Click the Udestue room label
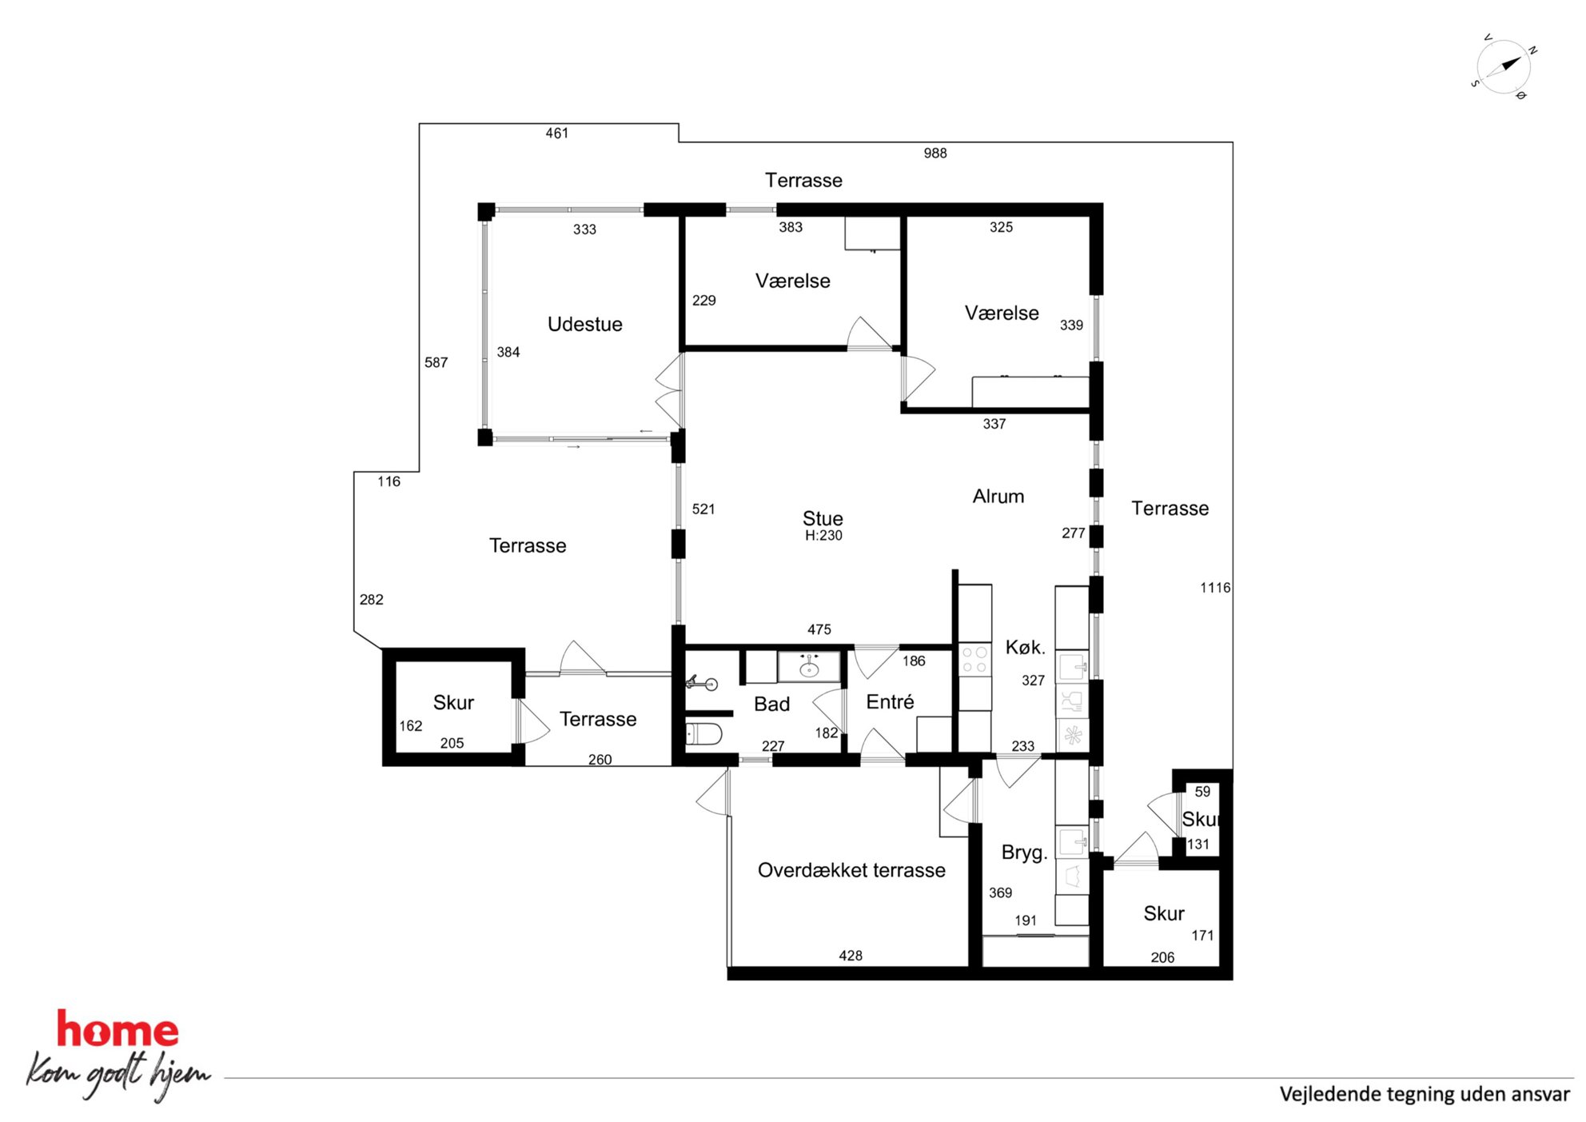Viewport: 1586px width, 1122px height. click(584, 324)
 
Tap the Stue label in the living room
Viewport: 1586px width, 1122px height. click(823, 518)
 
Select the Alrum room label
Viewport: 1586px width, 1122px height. click(998, 496)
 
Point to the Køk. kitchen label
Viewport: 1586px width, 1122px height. click(1025, 647)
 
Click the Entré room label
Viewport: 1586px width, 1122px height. click(890, 701)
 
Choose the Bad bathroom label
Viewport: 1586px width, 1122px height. click(771, 704)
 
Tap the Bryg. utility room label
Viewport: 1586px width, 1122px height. click(1024, 852)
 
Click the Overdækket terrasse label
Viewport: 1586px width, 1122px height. click(851, 870)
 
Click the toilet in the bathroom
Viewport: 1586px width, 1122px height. click(703, 733)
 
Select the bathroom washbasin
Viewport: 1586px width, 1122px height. click(809, 665)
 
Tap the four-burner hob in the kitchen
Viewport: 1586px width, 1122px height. click(974, 660)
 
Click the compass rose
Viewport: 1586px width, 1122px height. click(1504, 66)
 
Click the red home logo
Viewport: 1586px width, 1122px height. click(118, 1029)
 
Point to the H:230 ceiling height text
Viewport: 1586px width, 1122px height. click(823, 536)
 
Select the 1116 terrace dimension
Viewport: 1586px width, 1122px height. click(1215, 588)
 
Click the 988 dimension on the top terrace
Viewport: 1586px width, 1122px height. click(935, 153)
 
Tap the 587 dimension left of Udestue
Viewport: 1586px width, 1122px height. click(436, 362)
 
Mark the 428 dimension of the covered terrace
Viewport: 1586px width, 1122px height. click(851, 956)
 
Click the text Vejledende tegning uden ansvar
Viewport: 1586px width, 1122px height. click(1425, 1094)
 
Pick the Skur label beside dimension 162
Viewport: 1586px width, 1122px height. click(453, 702)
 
